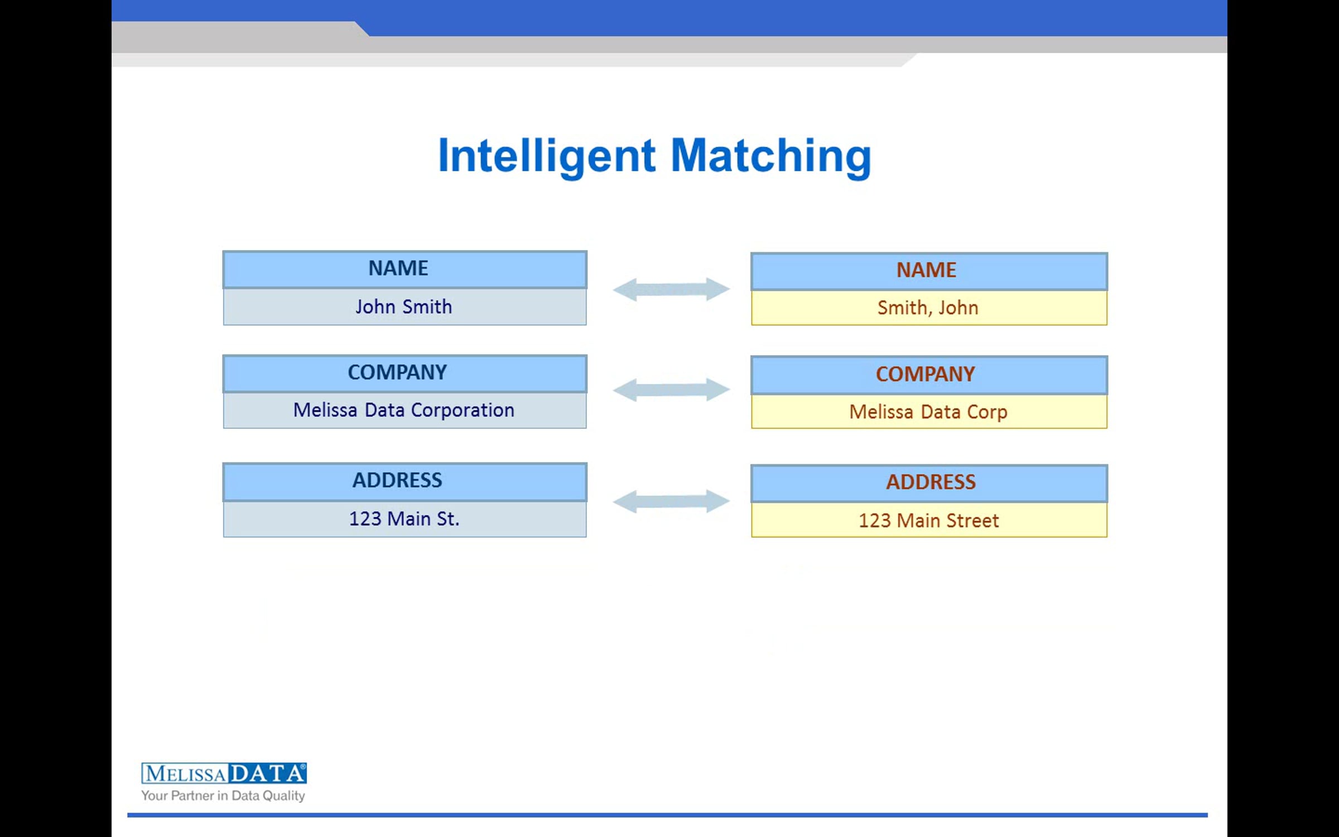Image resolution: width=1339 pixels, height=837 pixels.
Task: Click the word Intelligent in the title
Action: click(x=547, y=156)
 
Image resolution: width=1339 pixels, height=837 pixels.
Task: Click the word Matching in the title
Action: click(x=771, y=156)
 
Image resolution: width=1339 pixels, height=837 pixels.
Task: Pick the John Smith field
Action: click(x=404, y=307)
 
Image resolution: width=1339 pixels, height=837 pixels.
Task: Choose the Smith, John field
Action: click(x=929, y=308)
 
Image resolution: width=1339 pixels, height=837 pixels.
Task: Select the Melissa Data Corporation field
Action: click(x=404, y=411)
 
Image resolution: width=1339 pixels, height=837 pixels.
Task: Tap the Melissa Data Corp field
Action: click(x=929, y=412)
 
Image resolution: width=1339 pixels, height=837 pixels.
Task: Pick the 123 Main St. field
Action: click(x=404, y=519)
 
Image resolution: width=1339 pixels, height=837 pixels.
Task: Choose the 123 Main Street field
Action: click(x=929, y=520)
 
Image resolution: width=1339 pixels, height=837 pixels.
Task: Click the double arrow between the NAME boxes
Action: click(x=671, y=289)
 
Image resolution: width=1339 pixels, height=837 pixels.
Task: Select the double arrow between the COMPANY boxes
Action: click(x=671, y=389)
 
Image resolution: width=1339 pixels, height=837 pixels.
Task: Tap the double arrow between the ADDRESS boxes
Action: click(x=671, y=501)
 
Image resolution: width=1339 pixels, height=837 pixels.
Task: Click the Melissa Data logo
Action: click(x=224, y=773)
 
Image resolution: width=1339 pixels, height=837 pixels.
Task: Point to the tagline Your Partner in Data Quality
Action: click(x=223, y=796)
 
